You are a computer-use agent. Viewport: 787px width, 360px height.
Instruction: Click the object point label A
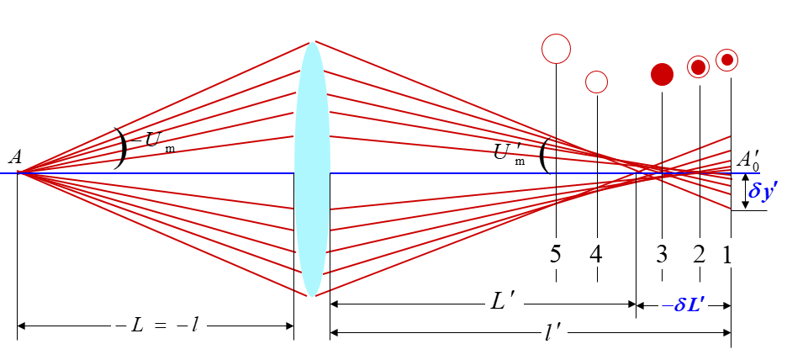[14, 157]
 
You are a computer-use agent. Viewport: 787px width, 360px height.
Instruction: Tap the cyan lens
[312, 168]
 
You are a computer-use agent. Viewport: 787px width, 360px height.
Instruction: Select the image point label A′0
[748, 160]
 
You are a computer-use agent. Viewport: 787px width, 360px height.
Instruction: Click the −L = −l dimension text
[155, 325]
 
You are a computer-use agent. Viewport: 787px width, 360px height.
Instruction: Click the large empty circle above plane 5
[556, 48]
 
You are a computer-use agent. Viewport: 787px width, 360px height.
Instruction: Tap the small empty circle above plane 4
[596, 82]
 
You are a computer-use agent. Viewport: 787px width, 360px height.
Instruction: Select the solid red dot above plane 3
[663, 74]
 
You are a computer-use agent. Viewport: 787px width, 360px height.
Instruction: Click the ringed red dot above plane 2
[698, 67]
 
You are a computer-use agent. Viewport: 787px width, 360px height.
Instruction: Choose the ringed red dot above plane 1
[727, 60]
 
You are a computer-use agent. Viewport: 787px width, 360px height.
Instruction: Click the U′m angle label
[510, 153]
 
